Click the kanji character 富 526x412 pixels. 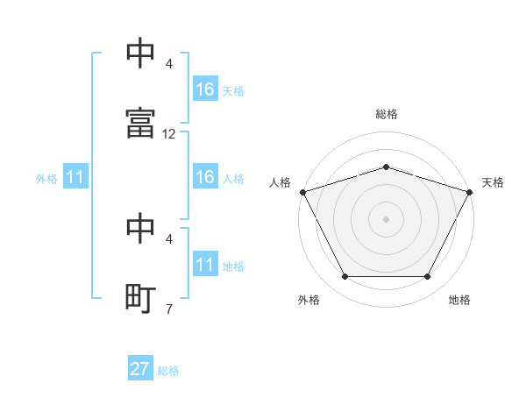(x=140, y=123)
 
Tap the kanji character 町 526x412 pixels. (x=140, y=298)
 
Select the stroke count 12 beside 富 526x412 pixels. (x=168, y=134)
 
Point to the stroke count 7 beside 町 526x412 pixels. (x=169, y=309)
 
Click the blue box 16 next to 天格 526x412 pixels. (x=205, y=89)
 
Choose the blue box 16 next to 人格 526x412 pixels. (x=205, y=176)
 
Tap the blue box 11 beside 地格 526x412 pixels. (x=205, y=263)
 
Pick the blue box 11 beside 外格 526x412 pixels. (x=75, y=176)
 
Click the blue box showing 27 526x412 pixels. (x=140, y=367)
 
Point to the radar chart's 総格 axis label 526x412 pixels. (x=386, y=114)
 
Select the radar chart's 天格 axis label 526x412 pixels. (x=493, y=182)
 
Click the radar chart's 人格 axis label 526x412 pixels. (x=280, y=182)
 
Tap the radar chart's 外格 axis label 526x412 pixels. (x=309, y=300)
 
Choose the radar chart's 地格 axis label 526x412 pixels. (x=459, y=300)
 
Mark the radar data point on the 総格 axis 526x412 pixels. (x=386, y=167)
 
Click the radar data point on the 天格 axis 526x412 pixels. (x=470, y=192)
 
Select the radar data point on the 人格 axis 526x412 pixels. (x=303, y=192)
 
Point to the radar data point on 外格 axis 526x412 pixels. (x=345, y=276)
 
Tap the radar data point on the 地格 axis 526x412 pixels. (x=427, y=276)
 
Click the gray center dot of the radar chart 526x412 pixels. (x=386, y=219)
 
